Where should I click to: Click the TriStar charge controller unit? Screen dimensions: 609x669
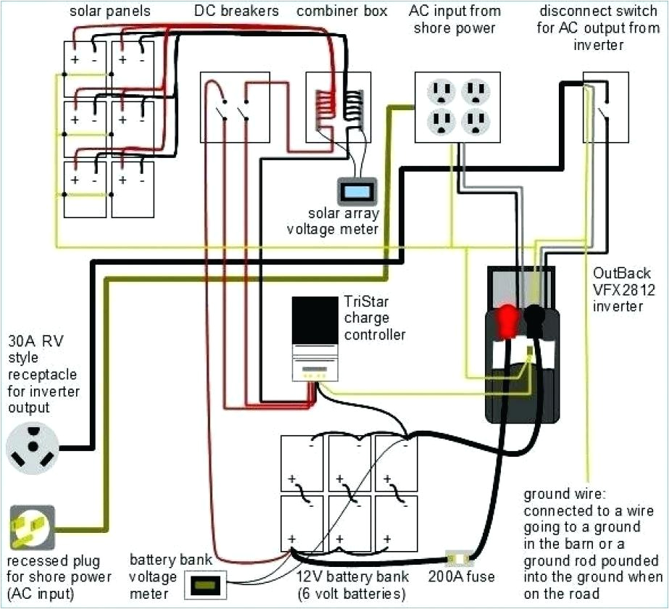(315, 339)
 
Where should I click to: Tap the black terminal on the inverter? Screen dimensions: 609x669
(536, 317)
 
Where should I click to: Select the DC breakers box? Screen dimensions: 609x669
(234, 107)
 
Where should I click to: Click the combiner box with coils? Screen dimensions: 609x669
(338, 107)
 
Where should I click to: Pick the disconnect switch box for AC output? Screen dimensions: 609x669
(605, 107)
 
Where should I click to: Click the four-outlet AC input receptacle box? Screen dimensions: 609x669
(453, 106)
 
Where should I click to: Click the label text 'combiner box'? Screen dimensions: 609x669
(341, 12)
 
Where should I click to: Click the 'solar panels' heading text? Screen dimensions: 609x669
(100, 12)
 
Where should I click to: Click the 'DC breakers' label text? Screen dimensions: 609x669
(235, 12)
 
